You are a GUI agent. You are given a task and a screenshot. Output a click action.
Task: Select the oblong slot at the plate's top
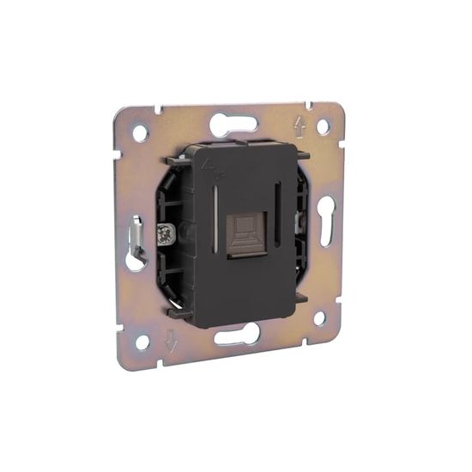tap(233, 122)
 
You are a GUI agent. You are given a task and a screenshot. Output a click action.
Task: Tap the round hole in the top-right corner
tap(323, 127)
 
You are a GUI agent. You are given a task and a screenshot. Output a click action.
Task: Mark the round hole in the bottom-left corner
tap(142, 342)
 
